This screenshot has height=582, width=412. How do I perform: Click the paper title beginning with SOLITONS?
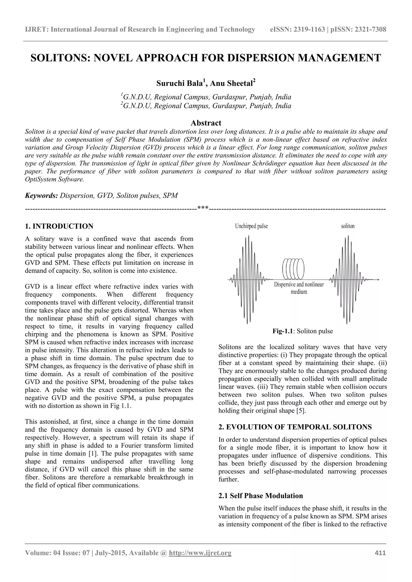pos(206,58)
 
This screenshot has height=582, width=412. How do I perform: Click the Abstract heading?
pos(206,123)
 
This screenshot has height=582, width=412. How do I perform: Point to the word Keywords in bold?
pos(41,196)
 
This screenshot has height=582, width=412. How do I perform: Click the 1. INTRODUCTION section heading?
pos(59,226)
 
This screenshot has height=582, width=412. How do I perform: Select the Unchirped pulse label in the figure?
pos(251,226)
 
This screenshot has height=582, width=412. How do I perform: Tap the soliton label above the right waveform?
pos(347,226)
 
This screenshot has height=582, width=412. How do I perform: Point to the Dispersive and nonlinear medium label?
pos(299,288)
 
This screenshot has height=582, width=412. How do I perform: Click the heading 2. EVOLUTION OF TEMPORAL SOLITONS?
pos(295,427)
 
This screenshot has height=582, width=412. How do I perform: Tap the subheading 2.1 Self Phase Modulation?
pos(261,496)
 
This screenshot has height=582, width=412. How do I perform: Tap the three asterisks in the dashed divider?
pos(203,209)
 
